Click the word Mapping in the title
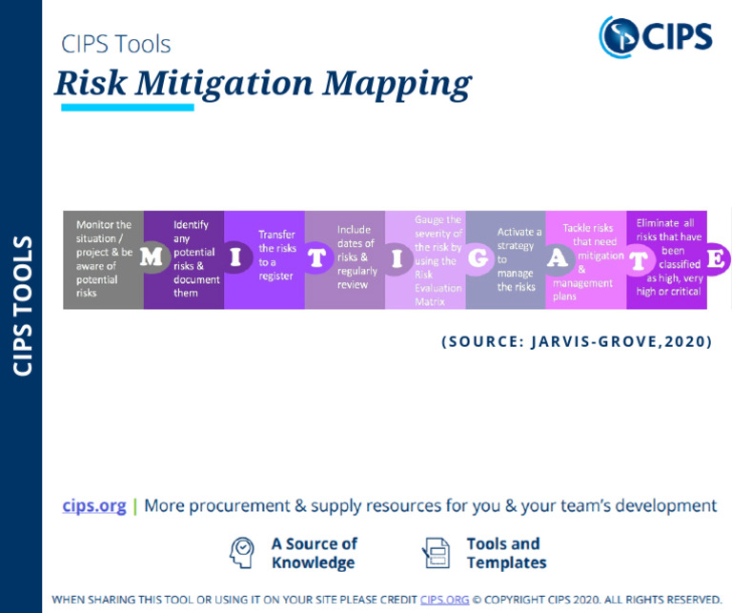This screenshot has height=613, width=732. pos(396,83)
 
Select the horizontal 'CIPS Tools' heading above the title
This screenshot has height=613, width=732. pos(115,44)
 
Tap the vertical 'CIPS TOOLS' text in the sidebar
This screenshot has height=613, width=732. pos(22,305)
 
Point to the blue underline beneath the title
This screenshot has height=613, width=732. pos(127,107)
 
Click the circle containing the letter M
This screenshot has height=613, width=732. pos(151,258)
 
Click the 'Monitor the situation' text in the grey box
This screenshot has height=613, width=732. pos(103,259)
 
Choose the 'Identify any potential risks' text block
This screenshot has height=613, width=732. pos(195,259)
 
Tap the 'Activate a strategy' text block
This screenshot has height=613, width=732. pos(518,259)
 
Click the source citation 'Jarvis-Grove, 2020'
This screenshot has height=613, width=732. pos(577,341)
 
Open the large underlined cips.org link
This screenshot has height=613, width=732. pos(94,505)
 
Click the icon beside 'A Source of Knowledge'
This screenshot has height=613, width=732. pos(242,552)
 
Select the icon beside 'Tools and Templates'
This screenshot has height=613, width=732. pos(436,552)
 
